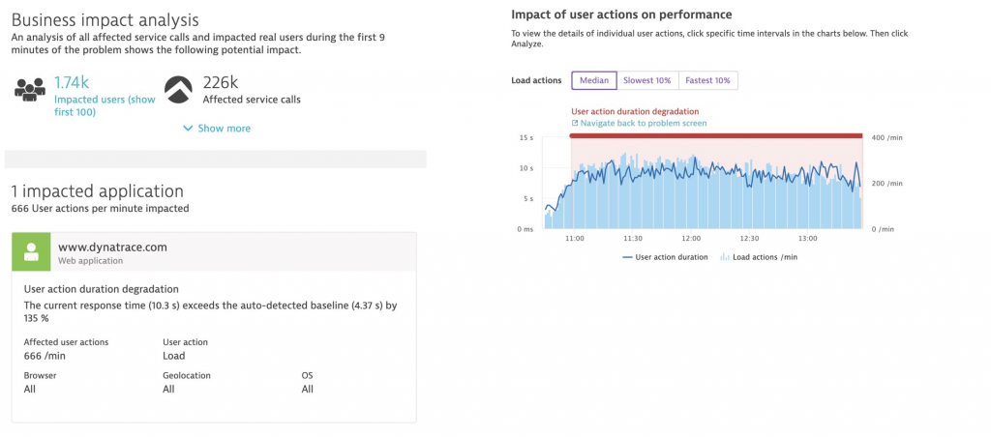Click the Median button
click(x=593, y=80)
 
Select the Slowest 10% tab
click(x=647, y=80)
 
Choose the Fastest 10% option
click(x=708, y=80)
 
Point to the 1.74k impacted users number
click(x=72, y=83)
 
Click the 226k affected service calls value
click(x=221, y=83)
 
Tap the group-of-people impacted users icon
click(x=31, y=89)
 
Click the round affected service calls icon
click(x=178, y=89)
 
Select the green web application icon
click(x=31, y=252)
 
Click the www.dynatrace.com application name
click(x=112, y=247)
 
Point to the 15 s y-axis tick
click(x=526, y=137)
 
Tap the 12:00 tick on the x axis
click(x=691, y=238)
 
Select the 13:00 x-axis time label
click(x=805, y=238)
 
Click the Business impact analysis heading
click(x=105, y=19)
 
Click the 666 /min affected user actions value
click(x=45, y=356)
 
